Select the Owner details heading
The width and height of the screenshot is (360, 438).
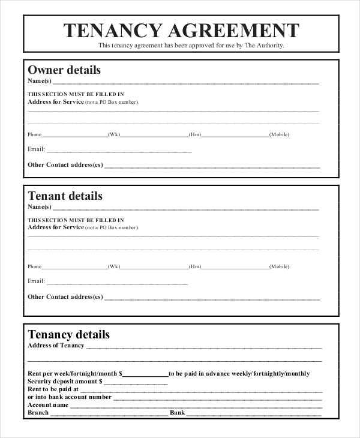pos(64,70)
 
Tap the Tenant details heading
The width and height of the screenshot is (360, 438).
pos(65,196)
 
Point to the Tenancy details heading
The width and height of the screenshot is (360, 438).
pos(69,334)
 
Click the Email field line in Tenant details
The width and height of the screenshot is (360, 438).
pos(117,282)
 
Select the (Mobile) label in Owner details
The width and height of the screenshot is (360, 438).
pos(279,134)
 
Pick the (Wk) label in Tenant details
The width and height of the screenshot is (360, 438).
pos(114,266)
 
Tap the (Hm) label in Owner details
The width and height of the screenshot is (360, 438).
pos(194,134)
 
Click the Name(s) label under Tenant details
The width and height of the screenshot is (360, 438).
pos(40,207)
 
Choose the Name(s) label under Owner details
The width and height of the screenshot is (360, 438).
pos(40,81)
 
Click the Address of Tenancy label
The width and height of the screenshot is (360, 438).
pos(56,346)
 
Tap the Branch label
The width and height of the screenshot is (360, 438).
pos(38,413)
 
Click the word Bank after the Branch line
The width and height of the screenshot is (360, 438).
pos(178,413)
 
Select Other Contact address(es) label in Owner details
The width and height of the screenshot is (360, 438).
pos(65,164)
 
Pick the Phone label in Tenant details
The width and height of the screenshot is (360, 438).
pos(35,266)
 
